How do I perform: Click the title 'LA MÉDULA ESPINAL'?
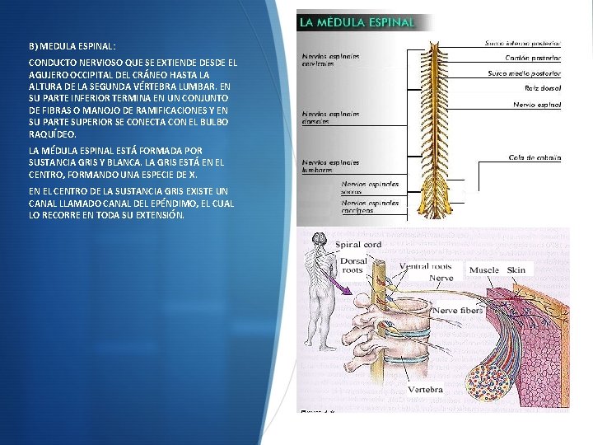pos(356,21)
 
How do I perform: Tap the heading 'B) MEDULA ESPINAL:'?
pos(72,47)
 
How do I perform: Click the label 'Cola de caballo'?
pos(535,157)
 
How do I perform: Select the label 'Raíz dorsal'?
pos(543,87)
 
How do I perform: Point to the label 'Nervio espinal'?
pos(537,105)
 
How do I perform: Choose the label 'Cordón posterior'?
pos(533,59)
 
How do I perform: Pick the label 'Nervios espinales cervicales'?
pos(329,60)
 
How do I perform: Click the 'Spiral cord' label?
pos(361,245)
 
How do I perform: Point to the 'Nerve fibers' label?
pos(458,310)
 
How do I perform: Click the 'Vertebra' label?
pos(425,389)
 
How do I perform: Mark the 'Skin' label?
pos(516,269)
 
